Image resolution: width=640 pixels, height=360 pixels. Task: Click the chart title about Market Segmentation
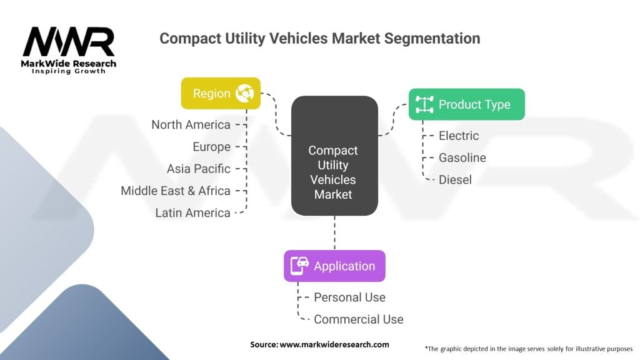319,39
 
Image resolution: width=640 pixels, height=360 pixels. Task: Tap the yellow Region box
220,94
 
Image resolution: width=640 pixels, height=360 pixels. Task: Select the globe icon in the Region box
244,94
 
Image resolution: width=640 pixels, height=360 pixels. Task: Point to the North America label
191,125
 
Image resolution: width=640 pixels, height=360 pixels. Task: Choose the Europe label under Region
211,147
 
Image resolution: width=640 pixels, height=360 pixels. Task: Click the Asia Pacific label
198,169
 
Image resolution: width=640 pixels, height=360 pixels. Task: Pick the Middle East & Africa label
176,191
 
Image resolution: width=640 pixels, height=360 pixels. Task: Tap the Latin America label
192,213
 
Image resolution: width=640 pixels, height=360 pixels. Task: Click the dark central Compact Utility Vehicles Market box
334,156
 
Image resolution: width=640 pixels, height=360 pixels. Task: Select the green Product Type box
466,104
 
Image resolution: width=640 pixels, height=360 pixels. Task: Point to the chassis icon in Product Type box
424,104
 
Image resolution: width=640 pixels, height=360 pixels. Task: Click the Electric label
459,136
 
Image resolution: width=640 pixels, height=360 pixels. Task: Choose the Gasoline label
462,157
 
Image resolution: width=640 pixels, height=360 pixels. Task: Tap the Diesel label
455,180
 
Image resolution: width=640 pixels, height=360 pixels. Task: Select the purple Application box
334,266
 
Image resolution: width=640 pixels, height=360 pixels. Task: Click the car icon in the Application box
299,266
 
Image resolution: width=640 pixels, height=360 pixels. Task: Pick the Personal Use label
349,297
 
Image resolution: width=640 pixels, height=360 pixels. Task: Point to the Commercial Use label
358,319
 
